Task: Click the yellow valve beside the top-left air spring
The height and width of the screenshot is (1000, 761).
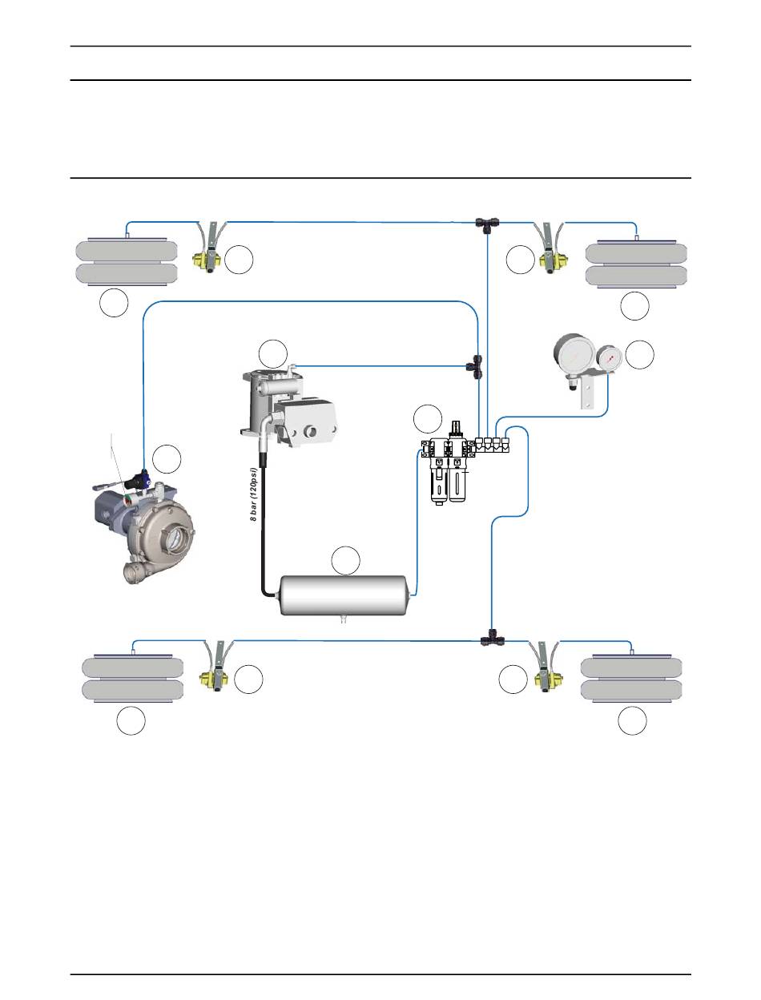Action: [207, 260]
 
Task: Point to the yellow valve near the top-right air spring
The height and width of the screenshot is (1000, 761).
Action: [551, 260]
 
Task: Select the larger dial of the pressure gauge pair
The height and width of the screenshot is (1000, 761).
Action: [574, 357]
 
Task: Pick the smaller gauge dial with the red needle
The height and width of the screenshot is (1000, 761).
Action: [610, 359]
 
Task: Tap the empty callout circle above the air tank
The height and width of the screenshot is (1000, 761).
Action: [346, 561]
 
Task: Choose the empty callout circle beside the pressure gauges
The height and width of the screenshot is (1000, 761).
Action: [639, 355]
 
